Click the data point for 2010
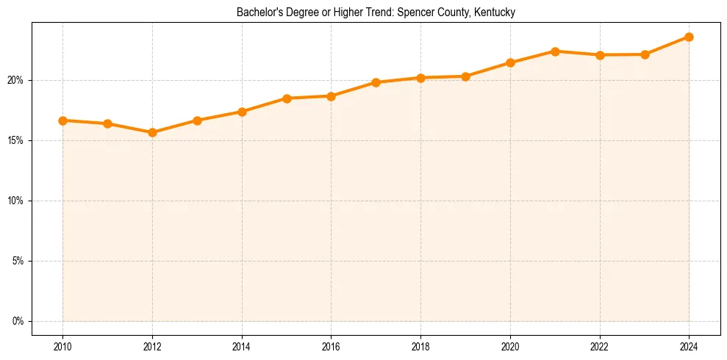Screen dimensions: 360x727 [62, 120]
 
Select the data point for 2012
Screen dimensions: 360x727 [152, 132]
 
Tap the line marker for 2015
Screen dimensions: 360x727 [287, 98]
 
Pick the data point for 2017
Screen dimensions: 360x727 [376, 82]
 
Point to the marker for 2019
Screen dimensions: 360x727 [465, 76]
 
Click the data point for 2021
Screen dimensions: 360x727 [555, 51]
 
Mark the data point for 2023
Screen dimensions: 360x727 [645, 54]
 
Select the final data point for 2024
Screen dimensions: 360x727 [690, 37]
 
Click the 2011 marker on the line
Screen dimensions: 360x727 [107, 123]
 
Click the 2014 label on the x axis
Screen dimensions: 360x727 [242, 347]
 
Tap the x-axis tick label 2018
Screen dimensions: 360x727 [420, 347]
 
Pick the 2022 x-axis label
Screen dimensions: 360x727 [600, 347]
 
